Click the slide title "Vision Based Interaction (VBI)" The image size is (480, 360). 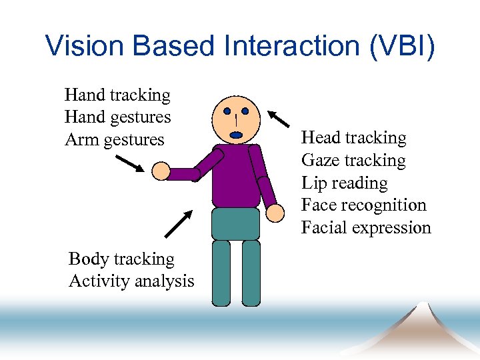coord(240,45)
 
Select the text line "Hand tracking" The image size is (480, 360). coord(117,95)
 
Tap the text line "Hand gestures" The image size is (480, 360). coord(117,117)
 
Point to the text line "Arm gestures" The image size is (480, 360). coord(114,140)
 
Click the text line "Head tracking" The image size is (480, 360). coord(353,138)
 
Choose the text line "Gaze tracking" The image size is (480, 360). coord(353,161)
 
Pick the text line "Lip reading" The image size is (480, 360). coord(344,183)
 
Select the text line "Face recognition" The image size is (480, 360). coord(363,205)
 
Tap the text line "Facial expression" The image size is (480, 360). coord(366,228)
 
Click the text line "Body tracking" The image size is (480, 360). coord(121,259)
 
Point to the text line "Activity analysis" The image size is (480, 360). coord(131,281)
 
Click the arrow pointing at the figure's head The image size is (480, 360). coord(279,119)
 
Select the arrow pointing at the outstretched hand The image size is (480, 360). coord(129,163)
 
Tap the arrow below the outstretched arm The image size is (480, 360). coord(178,224)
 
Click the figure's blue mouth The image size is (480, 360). coord(236,135)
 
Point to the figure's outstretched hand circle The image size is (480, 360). coord(161,172)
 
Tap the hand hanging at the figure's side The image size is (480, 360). coord(275,213)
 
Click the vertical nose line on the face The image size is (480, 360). coord(236,121)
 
